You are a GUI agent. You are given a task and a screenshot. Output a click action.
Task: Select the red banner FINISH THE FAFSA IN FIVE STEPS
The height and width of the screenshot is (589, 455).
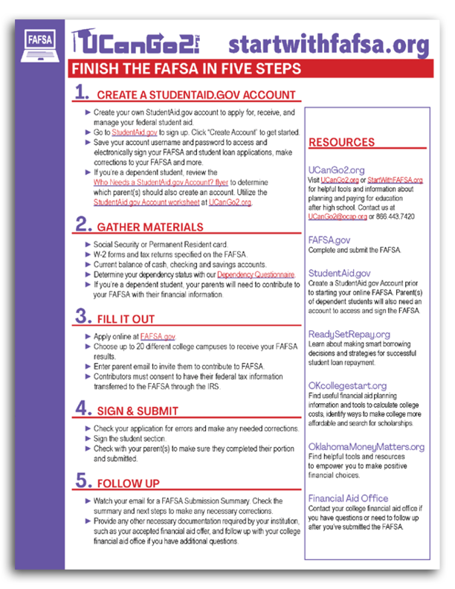[x=186, y=69]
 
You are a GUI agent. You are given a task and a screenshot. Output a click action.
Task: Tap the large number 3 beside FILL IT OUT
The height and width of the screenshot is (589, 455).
[x=82, y=318]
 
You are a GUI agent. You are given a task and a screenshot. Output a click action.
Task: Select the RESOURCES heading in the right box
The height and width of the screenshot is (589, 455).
[x=341, y=142]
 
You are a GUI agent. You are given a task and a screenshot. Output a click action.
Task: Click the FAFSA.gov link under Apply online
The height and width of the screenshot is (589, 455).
[x=158, y=337]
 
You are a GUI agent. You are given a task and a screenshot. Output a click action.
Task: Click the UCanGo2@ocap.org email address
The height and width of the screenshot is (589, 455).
[x=337, y=216]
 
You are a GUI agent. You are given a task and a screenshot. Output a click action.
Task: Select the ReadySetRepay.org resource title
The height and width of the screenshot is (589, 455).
[x=349, y=335]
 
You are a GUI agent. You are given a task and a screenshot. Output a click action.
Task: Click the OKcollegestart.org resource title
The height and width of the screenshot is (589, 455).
[x=347, y=385]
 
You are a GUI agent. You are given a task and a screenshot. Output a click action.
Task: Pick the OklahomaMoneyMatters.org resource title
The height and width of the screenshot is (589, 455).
[x=366, y=446]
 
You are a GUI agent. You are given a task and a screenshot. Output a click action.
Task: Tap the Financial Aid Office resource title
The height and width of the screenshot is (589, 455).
[x=348, y=498]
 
